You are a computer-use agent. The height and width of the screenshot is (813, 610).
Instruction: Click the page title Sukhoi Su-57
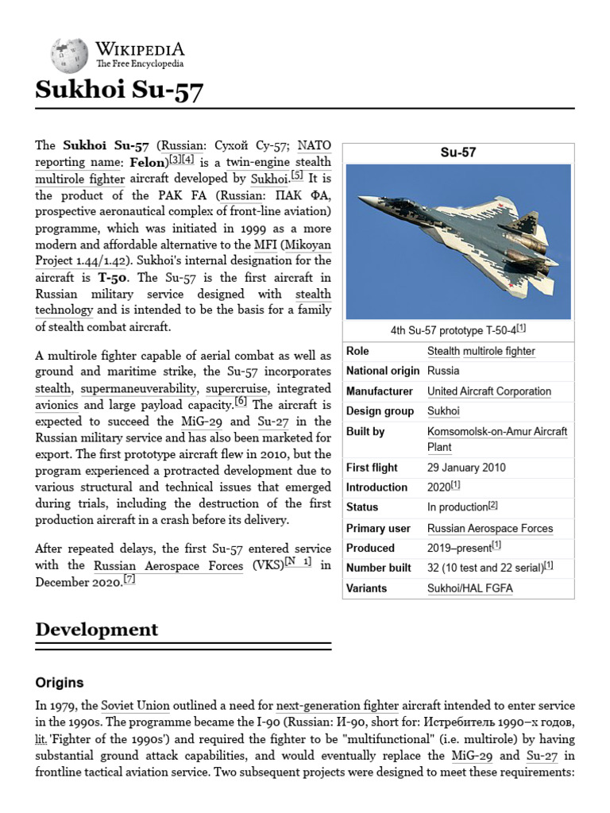click(x=119, y=91)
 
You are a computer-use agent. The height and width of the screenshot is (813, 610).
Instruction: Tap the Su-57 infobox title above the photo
click(x=457, y=152)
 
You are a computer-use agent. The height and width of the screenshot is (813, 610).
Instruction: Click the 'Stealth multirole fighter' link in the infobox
click(x=481, y=351)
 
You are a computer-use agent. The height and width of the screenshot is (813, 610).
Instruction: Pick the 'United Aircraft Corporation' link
click(x=488, y=391)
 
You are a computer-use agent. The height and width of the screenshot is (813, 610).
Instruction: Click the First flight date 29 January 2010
click(x=465, y=468)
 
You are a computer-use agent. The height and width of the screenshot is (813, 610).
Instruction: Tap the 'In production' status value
click(x=457, y=507)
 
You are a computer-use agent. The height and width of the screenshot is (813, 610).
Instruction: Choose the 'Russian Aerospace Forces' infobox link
click(x=489, y=528)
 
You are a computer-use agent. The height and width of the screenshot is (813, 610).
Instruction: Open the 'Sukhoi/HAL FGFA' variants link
click(x=469, y=588)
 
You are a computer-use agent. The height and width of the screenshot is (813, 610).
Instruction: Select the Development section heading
click(x=97, y=630)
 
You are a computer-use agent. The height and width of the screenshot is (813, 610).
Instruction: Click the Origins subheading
click(x=60, y=683)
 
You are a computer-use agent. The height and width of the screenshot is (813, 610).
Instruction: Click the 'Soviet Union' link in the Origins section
click(x=128, y=706)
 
